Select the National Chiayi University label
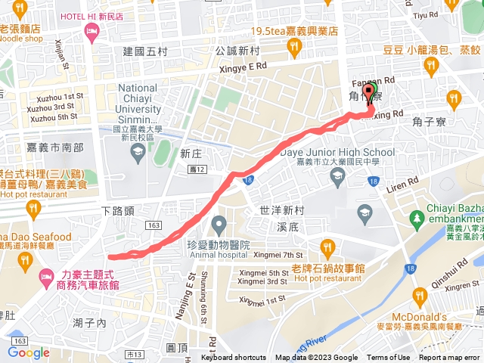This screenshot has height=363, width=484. pyautogui.click(x=138, y=104)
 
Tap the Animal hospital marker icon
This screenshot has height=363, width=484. pyautogui.click(x=219, y=224)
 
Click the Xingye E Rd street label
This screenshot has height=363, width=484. pyautogui.click(x=243, y=67)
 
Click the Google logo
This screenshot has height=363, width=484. pyautogui.click(x=29, y=352)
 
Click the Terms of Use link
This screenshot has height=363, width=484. pyautogui.click(x=388, y=358)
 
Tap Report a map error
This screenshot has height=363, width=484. pyautogui.click(x=449, y=358)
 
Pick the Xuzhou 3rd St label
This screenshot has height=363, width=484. pyautogui.click(x=52, y=107)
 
